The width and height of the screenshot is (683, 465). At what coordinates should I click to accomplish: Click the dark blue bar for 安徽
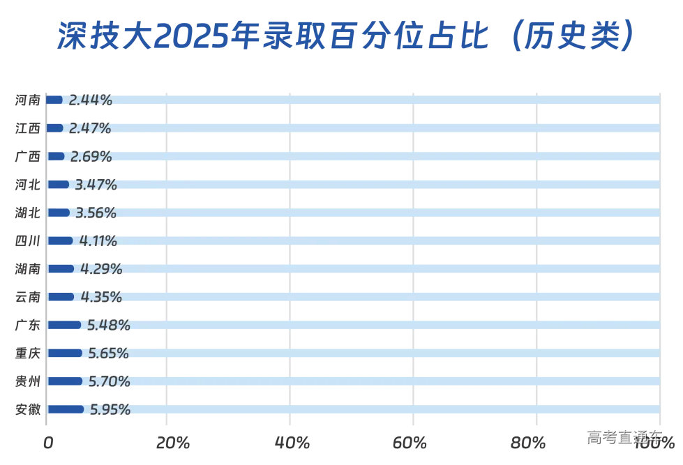point(66,409)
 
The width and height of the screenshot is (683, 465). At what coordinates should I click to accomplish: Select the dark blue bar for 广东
point(64,325)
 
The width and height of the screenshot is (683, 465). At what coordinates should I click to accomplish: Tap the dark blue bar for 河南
point(54,100)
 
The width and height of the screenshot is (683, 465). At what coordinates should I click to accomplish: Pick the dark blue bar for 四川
point(60,241)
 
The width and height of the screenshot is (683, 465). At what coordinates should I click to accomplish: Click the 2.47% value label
point(90,128)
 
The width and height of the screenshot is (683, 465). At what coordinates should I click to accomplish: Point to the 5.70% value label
point(109,381)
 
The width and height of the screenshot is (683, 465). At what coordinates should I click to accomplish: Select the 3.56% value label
point(96,213)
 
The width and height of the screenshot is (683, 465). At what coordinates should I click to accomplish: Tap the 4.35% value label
point(101,297)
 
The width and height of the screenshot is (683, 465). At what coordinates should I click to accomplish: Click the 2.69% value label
point(91,156)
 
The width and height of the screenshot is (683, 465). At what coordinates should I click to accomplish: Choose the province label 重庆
point(28,353)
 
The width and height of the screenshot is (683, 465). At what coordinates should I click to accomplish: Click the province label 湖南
point(28,268)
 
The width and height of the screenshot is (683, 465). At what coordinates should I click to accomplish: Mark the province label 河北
point(28,184)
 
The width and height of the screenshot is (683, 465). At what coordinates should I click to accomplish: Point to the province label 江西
point(28,128)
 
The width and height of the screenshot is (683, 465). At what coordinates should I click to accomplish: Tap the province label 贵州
point(28,381)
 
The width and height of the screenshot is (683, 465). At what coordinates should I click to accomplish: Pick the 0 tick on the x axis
point(48,443)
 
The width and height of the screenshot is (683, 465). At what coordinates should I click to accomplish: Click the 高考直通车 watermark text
point(624,438)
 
